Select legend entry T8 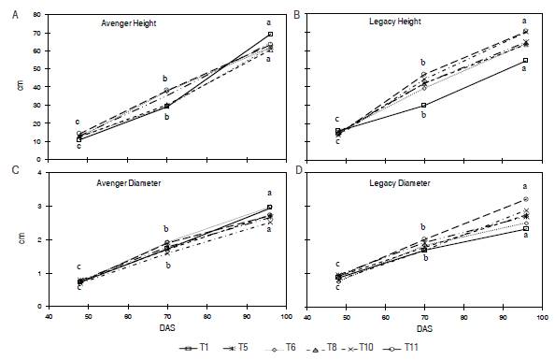(341, 346)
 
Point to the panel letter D (296, 169)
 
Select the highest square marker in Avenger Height (269, 34)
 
